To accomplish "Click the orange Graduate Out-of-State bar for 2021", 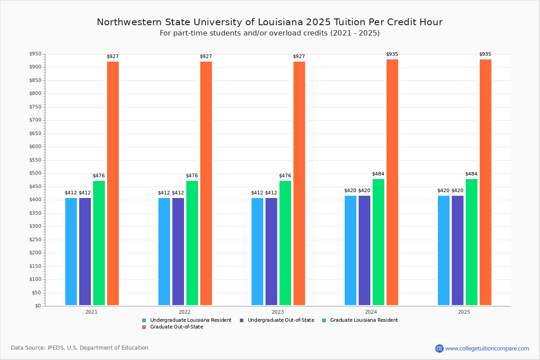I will [x=113, y=183].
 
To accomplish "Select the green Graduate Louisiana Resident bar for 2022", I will [x=192, y=243].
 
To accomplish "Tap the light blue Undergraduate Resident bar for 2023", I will [x=257, y=252].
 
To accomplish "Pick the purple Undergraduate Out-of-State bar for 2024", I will [x=364, y=250].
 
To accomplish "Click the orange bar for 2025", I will [x=486, y=182].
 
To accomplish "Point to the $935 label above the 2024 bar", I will [x=392, y=54].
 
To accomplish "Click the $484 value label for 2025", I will [x=472, y=174].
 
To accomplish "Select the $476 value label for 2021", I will [x=99, y=175].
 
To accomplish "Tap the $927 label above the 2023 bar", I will [x=299, y=56].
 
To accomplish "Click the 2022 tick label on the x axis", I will [x=184, y=311].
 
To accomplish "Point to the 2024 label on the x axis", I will [x=371, y=311].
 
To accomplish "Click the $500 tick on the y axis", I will [x=35, y=173].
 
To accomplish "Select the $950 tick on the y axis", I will [x=35, y=54].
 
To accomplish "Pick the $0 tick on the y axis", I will [x=37, y=306].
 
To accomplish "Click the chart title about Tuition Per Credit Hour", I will [x=270, y=22].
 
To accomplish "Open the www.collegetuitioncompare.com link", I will [x=487, y=348].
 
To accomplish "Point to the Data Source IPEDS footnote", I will [x=80, y=348].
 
